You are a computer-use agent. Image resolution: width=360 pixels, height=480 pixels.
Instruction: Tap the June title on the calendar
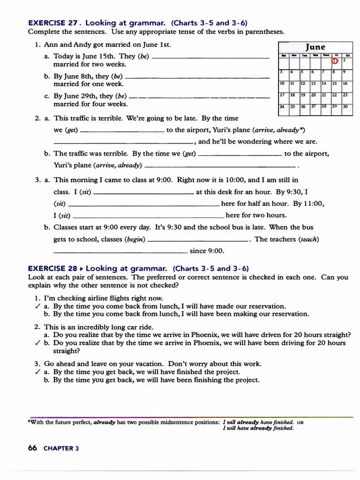315,47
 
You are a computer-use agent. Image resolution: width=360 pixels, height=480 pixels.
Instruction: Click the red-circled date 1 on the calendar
334,60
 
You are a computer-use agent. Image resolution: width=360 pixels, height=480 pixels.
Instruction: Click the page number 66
32,448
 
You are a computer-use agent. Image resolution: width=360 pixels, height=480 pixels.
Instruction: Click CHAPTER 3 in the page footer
61,448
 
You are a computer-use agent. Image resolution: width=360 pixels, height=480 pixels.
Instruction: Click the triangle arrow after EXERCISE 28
82,269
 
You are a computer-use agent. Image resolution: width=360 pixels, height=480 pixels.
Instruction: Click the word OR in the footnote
300,422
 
